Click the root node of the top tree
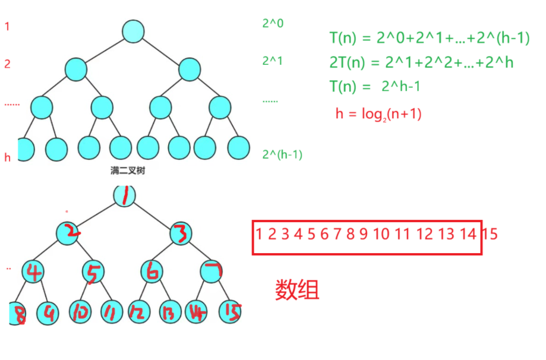click(132, 31)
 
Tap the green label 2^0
click(273, 24)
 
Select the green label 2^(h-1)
click(282, 154)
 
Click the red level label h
click(8, 157)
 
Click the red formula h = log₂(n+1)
click(378, 114)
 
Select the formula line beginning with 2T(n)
click(421, 62)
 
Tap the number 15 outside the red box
click(490, 234)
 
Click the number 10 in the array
click(381, 234)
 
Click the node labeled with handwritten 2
click(72, 233)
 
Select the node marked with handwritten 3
click(181, 233)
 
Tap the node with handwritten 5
click(92, 272)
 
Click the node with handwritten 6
click(152, 272)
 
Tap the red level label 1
click(7, 27)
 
